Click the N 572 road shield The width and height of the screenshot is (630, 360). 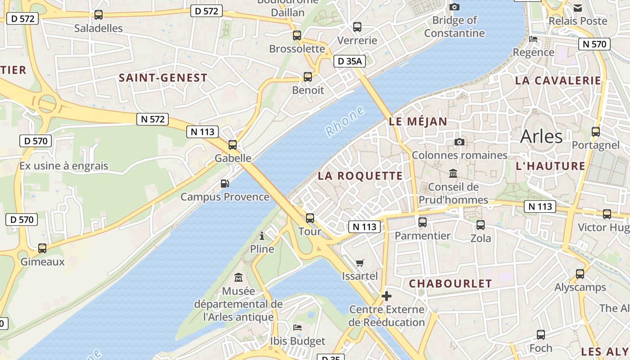pyautogui.click(x=153, y=119)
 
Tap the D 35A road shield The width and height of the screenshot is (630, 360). pyautogui.click(x=349, y=61)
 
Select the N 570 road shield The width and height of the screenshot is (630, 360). pyautogui.click(x=594, y=44)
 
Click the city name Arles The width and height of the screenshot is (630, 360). pyautogui.click(x=541, y=137)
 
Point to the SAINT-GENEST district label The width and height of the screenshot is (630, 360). pyautogui.click(x=163, y=78)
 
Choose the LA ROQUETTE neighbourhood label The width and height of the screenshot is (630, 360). pyautogui.click(x=360, y=176)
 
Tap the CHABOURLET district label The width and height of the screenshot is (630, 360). pyautogui.click(x=450, y=283)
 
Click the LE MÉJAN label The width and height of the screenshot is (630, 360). pyautogui.click(x=418, y=121)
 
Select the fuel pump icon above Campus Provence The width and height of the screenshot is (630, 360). pyautogui.click(x=225, y=184)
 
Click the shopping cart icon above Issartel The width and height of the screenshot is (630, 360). pyautogui.click(x=360, y=263)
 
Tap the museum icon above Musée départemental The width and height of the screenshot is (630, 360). pyautogui.click(x=238, y=278)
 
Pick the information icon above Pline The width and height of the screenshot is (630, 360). pyautogui.click(x=262, y=236)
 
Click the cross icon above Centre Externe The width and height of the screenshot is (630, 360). pyautogui.click(x=386, y=296)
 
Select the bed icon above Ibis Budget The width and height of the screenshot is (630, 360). pyautogui.click(x=297, y=327)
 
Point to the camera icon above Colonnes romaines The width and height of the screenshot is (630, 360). pyautogui.click(x=459, y=142)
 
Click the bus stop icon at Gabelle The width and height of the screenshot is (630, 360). pyautogui.click(x=233, y=145)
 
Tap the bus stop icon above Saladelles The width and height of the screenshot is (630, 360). pyautogui.click(x=99, y=15)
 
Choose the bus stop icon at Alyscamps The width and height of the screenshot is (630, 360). pyautogui.click(x=580, y=274)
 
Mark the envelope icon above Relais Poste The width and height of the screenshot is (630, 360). pyautogui.click(x=578, y=8)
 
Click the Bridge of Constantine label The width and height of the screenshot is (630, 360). pyautogui.click(x=454, y=27)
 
